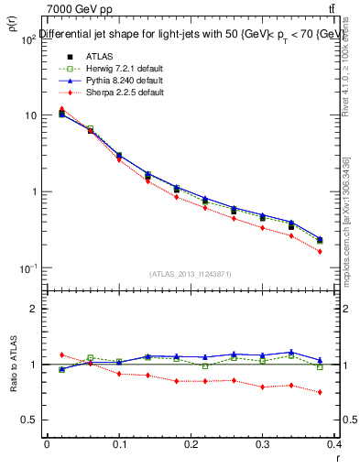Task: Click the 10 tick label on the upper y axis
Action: [30, 115]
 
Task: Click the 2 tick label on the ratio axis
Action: [35, 309]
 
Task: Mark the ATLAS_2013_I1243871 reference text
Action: [191, 274]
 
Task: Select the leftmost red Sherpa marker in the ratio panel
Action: [61, 354]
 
